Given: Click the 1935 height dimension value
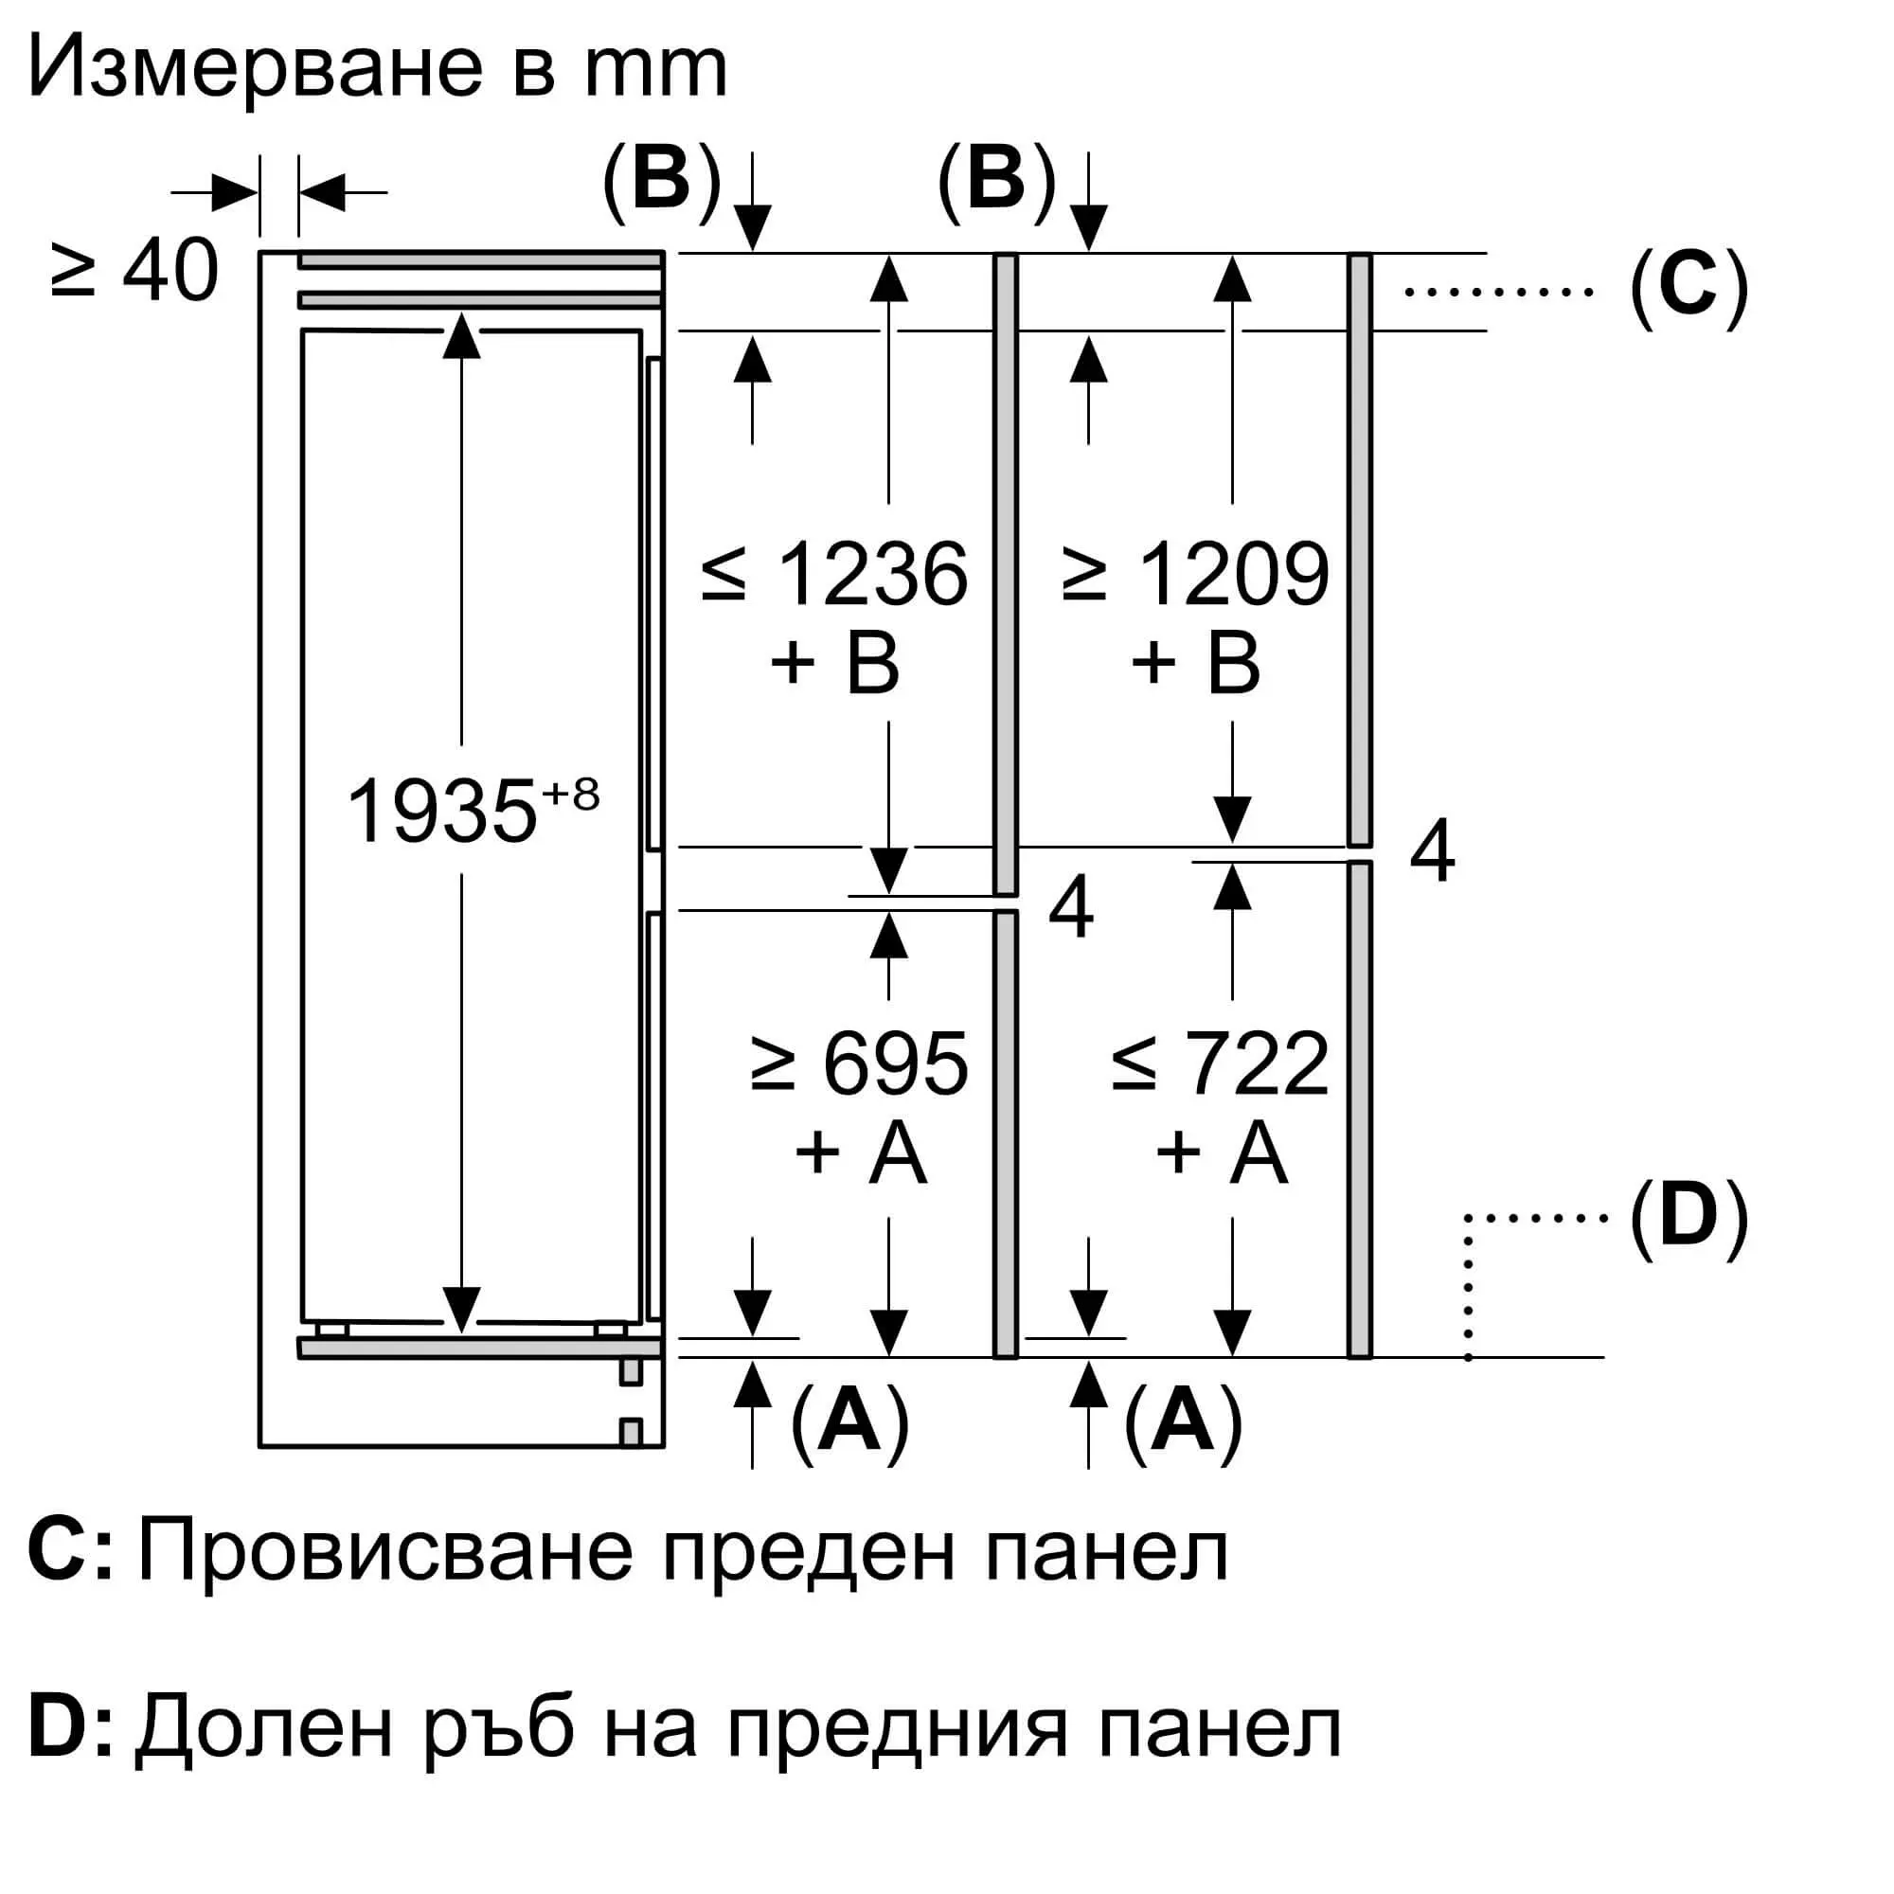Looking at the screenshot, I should click(442, 812).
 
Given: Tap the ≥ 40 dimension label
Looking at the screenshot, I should click(134, 272).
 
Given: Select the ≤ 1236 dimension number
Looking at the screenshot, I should click(835, 575).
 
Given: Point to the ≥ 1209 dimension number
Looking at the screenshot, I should click(1196, 575).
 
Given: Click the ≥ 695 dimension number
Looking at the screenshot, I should click(860, 1064).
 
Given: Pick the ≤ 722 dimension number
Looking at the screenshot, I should click(1221, 1064).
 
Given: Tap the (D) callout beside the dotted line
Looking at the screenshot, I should click(1689, 1217).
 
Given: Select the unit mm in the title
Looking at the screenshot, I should click(655, 68).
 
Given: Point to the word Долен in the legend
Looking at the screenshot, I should click(265, 1731).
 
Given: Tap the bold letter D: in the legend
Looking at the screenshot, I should click(68, 1731).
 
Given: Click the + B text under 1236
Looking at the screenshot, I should click(835, 663).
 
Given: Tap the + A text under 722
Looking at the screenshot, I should click(1221, 1152).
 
